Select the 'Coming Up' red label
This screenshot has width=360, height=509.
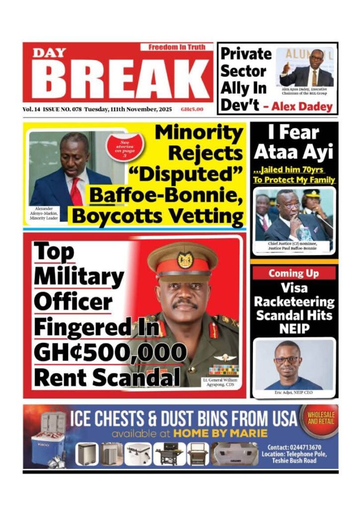point(293,273)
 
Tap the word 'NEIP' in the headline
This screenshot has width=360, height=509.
point(294,329)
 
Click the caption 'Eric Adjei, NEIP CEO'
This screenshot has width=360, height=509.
point(293,393)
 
